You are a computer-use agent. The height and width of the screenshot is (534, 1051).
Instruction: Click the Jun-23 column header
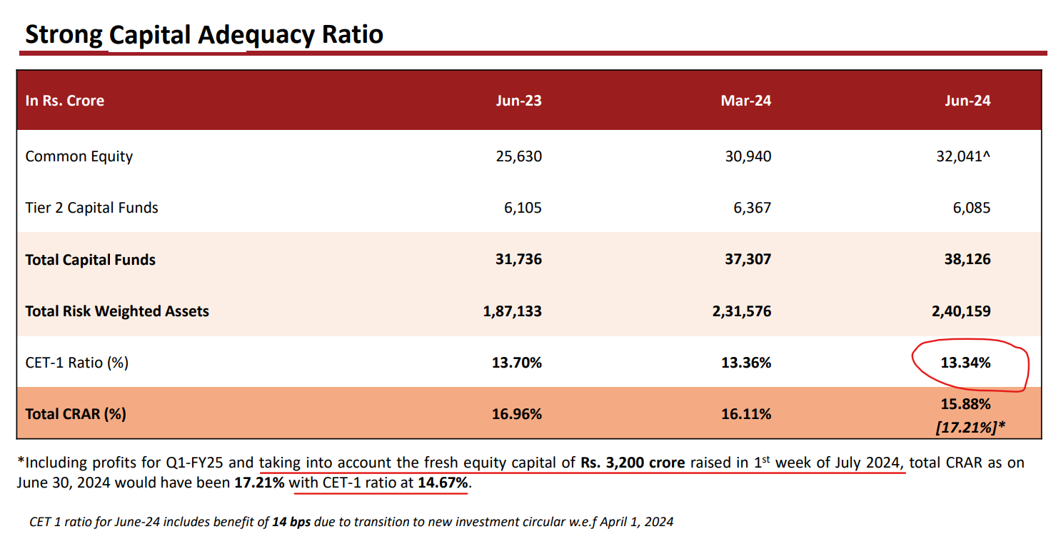[518, 101]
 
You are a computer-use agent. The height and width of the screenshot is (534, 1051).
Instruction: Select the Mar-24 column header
[745, 101]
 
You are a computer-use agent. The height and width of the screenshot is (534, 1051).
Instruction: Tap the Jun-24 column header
[967, 101]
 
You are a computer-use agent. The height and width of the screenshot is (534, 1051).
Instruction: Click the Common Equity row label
[79, 156]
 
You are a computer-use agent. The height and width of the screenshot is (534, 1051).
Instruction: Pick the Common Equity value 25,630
[518, 156]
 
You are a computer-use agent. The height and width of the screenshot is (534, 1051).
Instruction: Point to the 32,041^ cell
[964, 156]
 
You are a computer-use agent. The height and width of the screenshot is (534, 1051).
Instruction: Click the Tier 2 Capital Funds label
[91, 208]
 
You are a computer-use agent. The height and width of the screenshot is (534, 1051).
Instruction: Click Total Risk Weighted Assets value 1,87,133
[512, 311]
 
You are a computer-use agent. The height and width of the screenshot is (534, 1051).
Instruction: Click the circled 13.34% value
[965, 363]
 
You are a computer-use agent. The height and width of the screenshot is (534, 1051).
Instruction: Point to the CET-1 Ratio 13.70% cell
[517, 363]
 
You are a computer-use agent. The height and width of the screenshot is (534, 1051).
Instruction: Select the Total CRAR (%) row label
[76, 414]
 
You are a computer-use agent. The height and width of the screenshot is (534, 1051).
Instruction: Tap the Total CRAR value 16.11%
[746, 414]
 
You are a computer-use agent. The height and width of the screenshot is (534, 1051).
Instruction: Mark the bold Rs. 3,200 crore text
[633, 463]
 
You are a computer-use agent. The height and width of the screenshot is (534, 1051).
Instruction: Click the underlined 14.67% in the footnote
[443, 483]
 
